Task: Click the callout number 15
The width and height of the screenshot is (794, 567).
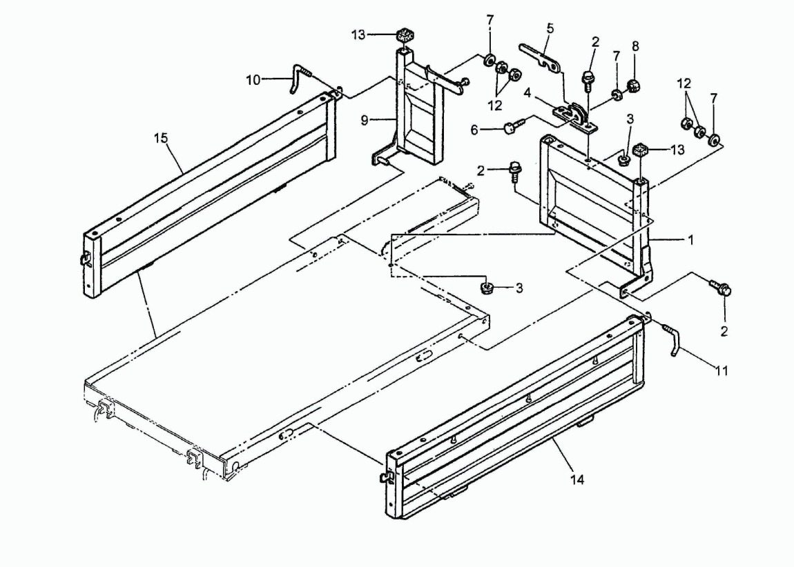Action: pyautogui.click(x=161, y=138)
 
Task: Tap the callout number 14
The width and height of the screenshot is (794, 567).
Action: pyautogui.click(x=577, y=479)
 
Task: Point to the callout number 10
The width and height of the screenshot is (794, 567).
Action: pyautogui.click(x=253, y=80)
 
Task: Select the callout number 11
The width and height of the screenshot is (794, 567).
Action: pyautogui.click(x=722, y=370)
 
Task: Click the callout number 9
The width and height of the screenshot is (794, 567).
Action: pyautogui.click(x=365, y=121)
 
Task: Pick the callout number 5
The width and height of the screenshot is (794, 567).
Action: pyautogui.click(x=550, y=28)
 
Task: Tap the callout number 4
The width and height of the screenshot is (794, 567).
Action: pyautogui.click(x=527, y=94)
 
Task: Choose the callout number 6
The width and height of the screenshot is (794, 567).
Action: pyautogui.click(x=474, y=130)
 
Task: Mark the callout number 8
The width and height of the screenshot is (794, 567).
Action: pyautogui.click(x=635, y=46)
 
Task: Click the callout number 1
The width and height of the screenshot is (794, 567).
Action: pyautogui.click(x=690, y=240)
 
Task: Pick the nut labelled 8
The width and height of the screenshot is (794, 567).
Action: pyautogui.click(x=632, y=86)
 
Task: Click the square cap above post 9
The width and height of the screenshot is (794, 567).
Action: pyautogui.click(x=404, y=36)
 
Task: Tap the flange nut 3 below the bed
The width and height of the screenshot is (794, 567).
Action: pyautogui.click(x=487, y=288)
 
